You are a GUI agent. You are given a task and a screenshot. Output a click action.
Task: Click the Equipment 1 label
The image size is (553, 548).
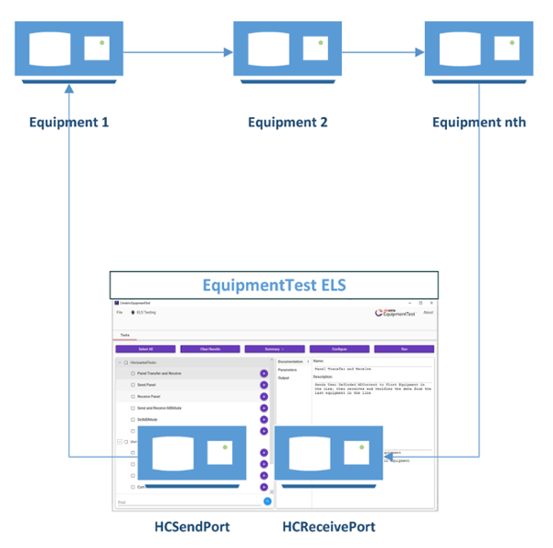tap(68, 122)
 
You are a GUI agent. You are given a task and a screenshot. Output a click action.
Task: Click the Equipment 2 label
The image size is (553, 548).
tap(288, 122)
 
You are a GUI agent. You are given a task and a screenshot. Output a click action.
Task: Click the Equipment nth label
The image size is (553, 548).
tap(479, 122)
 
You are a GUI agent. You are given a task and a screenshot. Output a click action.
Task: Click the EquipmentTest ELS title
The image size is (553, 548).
tap(274, 285)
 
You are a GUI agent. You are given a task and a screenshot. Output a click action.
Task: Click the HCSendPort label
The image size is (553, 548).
tap(194, 527)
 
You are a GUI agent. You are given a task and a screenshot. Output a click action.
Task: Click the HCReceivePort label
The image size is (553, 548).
tap(328, 527)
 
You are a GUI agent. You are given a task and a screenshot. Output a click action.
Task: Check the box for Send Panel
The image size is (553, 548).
tap(133, 385)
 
